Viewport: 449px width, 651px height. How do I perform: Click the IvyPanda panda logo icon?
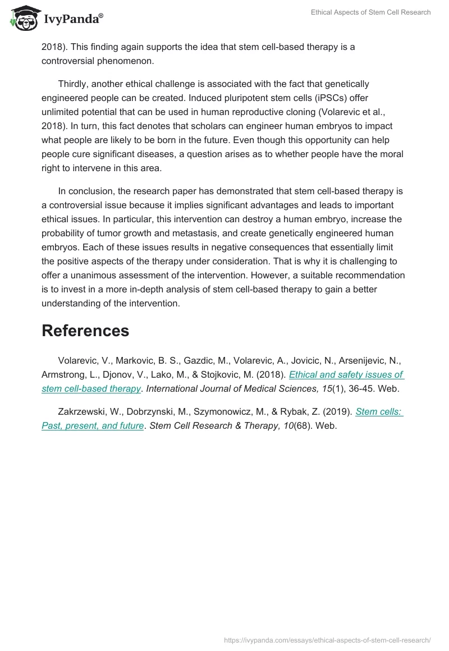tap(24, 18)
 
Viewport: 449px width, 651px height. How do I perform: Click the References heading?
tap(85, 331)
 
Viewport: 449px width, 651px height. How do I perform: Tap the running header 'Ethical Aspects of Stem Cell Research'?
tap(370, 12)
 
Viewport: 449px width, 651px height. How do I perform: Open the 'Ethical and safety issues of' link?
tap(346, 374)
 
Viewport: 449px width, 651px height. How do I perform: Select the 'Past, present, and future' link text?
tap(93, 425)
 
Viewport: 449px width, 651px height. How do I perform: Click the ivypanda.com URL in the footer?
tap(327, 639)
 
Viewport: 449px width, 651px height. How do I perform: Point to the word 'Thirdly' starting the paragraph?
tap(75, 84)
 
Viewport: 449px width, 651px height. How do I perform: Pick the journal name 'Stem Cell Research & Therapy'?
tap(214, 425)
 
